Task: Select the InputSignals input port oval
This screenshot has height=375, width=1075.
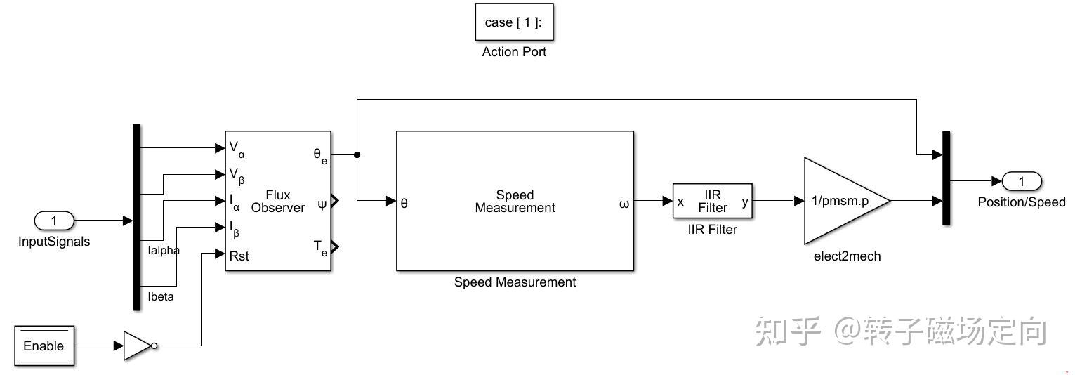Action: pos(54,221)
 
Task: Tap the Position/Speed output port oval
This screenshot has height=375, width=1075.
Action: pos(1021,182)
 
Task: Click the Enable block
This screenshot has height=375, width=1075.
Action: pos(44,346)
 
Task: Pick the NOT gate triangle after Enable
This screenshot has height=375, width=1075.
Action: pos(137,346)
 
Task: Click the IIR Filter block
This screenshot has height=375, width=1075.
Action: pos(712,202)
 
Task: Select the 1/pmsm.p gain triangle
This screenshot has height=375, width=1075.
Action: pos(840,201)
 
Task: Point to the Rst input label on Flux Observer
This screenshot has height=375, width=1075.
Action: pos(239,256)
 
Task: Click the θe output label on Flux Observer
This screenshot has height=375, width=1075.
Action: pos(319,155)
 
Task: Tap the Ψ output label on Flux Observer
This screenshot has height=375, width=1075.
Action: pos(322,204)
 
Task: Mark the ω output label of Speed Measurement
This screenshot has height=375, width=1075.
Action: pos(624,204)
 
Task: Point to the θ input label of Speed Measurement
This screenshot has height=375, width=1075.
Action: pos(404,204)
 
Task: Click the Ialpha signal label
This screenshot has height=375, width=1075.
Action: pos(164,251)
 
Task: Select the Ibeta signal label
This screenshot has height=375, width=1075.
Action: pos(161,296)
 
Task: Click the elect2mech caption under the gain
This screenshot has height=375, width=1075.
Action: pos(846,256)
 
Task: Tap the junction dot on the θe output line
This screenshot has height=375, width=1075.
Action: pos(357,154)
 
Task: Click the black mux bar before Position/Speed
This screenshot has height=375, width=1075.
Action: pos(946,178)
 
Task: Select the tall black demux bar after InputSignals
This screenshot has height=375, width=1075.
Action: pos(137,217)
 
